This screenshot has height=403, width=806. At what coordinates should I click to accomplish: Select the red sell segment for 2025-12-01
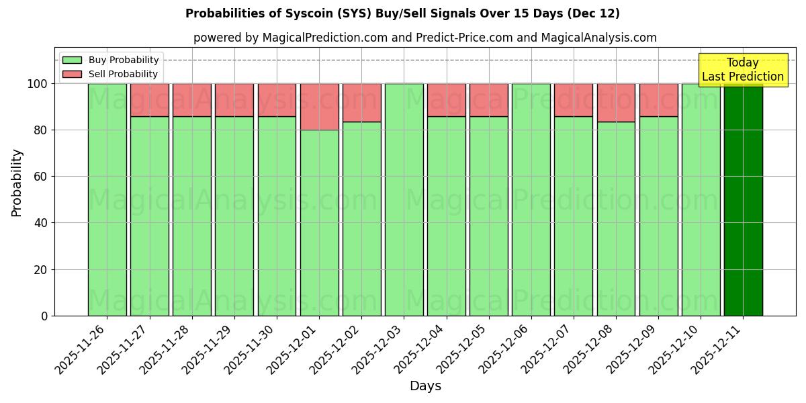pos(320,107)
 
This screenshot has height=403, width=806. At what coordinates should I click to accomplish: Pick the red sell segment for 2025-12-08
pos(616,103)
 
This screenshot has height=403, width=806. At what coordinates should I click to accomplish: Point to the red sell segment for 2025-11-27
pos(150,100)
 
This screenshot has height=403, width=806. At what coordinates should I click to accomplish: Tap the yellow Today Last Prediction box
pos(742,70)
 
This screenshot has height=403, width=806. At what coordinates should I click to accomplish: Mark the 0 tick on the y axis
pos(44,316)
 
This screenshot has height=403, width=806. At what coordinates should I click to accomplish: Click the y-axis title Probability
pos(17,183)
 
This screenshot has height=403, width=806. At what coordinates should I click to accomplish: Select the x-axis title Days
pos(425,386)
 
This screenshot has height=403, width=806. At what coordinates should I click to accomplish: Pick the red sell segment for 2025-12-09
pos(658,100)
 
